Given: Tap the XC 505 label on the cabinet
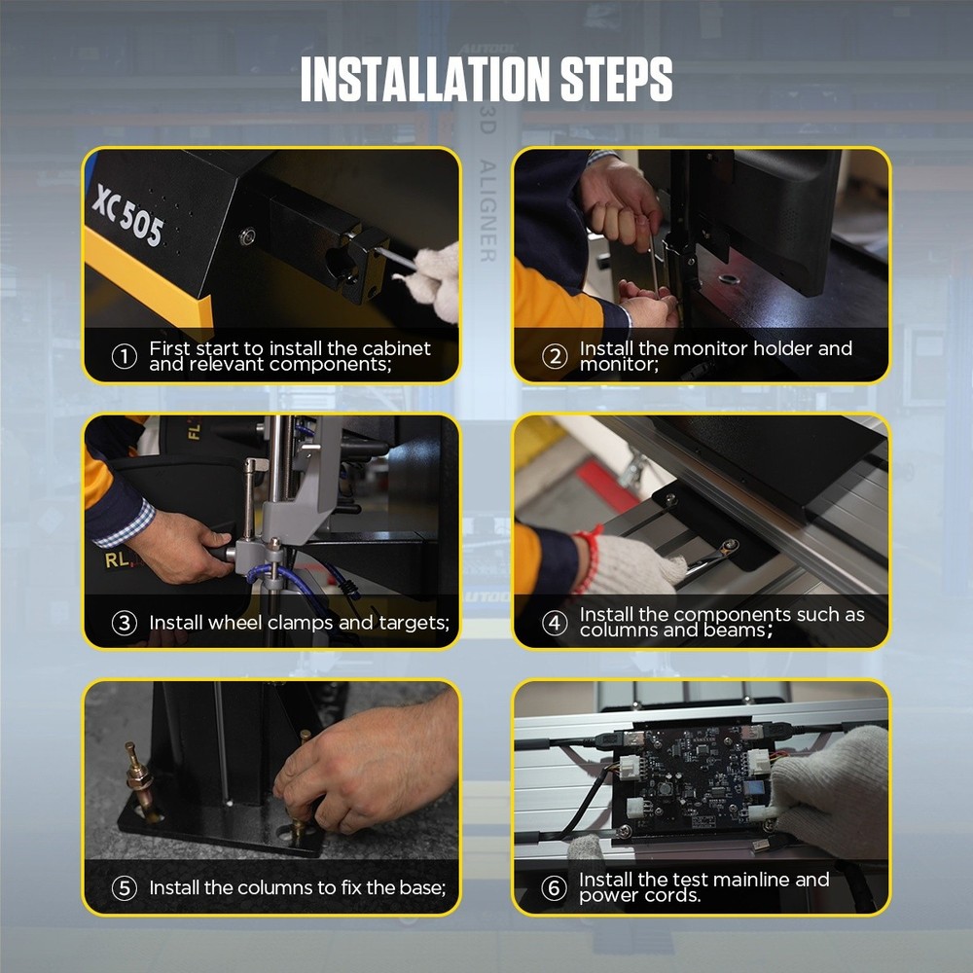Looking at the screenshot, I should pos(127,215).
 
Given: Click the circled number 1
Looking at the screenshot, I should pos(124,356).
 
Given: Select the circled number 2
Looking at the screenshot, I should pos(554,356).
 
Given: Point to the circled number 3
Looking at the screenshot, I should pos(124,623).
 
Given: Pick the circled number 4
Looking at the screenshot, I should pos(554,623).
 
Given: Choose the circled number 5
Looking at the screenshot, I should pos(124,887).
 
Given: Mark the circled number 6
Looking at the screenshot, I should pos(554,887).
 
